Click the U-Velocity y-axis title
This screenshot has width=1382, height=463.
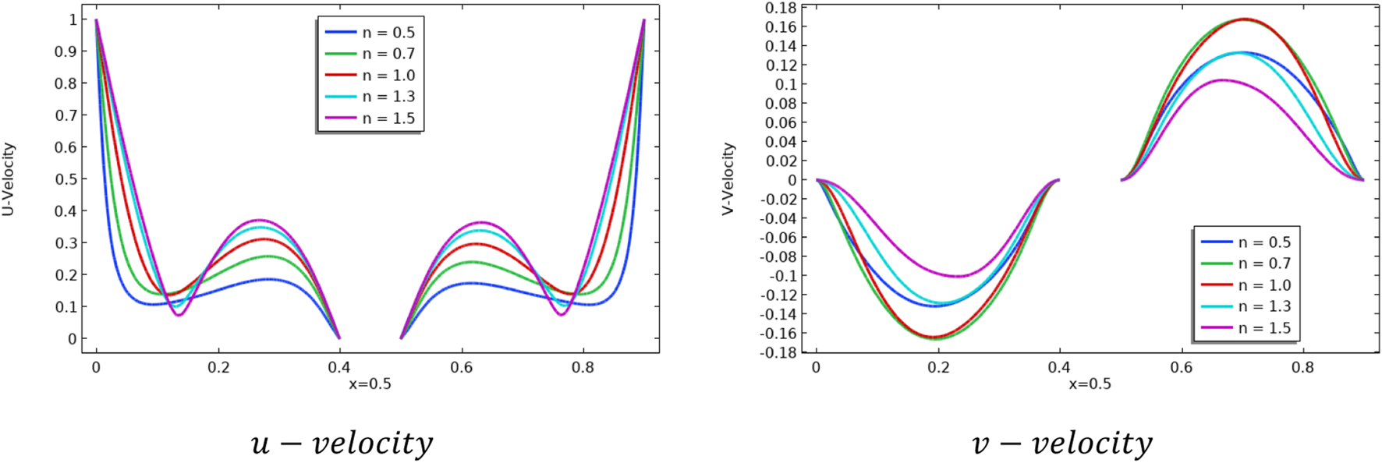click(9, 178)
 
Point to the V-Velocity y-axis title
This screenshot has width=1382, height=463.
click(728, 178)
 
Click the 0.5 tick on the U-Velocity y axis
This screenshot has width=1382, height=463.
click(66, 179)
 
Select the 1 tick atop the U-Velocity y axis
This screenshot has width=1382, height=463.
click(73, 19)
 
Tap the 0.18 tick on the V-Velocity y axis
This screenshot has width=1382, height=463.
click(781, 8)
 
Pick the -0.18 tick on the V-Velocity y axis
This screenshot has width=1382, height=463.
click(778, 352)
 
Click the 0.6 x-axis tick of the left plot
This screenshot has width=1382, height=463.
click(462, 367)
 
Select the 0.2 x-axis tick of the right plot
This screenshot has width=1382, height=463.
click(938, 367)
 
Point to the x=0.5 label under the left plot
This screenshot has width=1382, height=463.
click(370, 383)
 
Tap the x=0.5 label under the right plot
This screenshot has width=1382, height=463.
click(1090, 383)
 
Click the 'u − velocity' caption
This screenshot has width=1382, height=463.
click(342, 443)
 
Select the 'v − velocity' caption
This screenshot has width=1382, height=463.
click(1061, 443)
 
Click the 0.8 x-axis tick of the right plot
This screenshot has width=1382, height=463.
click(1303, 367)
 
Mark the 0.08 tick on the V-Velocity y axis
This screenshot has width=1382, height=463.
click(781, 104)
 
